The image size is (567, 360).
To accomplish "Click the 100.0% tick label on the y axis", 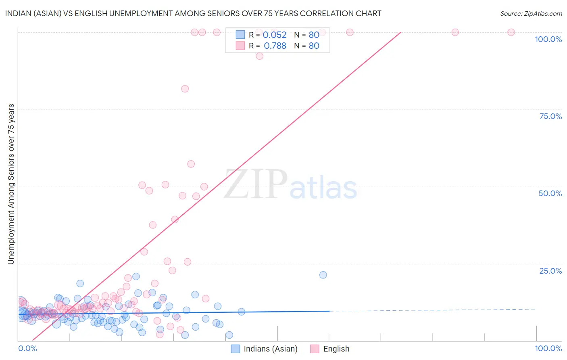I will tap(548, 39).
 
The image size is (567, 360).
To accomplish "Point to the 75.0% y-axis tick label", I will tap(550, 116).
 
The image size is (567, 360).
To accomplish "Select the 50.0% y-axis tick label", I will tap(550, 193).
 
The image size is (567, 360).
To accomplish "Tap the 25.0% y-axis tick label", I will tap(550, 270).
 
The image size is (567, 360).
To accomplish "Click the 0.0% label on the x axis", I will tap(27, 348).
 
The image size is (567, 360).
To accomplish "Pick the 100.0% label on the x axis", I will tap(548, 348).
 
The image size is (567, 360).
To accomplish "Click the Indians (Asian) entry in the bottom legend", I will tap(271, 349).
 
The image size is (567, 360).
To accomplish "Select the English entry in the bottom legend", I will tap(336, 349).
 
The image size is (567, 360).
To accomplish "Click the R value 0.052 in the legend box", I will tap(275, 35).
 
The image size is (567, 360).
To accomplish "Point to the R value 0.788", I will tap(275, 46).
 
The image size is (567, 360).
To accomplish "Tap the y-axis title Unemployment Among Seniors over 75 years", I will tap(11, 184).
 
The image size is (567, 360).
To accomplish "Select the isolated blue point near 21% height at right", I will tap(323, 275).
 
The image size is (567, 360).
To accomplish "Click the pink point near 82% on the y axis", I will tap(185, 89).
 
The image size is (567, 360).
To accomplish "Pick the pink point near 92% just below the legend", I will tap(260, 56).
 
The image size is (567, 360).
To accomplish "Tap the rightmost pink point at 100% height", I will tap(511, 32).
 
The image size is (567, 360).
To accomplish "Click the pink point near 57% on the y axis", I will tap(191, 164).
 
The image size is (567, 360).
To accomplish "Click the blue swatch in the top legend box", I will tap(240, 35).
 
